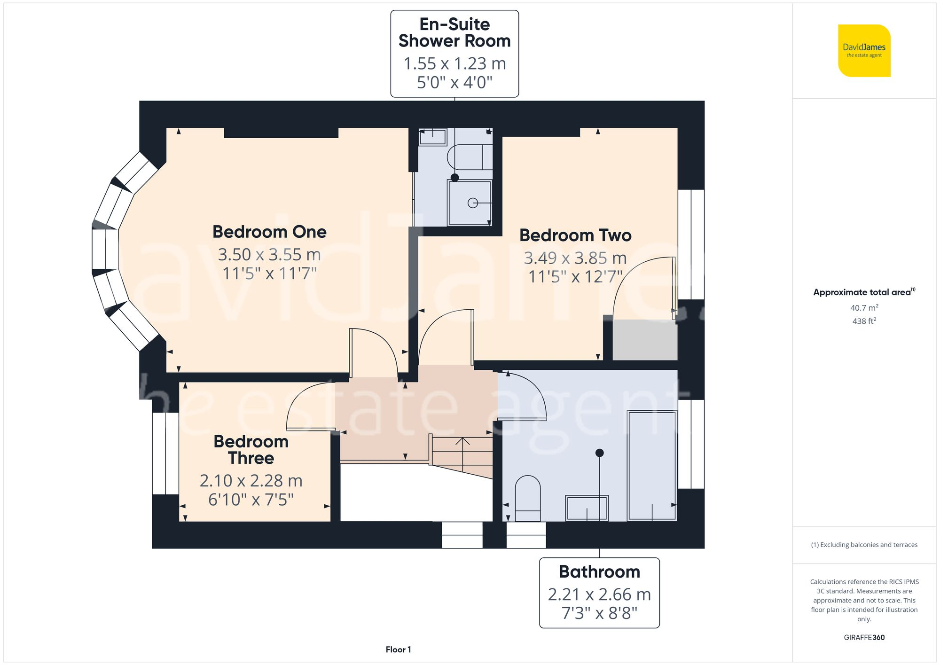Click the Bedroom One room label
[x=269, y=232]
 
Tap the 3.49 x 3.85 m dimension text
[x=575, y=258]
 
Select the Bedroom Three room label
[x=251, y=450]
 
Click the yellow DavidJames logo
[x=864, y=51]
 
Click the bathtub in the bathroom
[x=652, y=465]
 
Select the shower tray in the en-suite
[x=470, y=203]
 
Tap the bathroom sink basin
[x=587, y=508]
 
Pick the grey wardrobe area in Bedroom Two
[x=645, y=340]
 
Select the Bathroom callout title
[x=599, y=572]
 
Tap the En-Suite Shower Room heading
[x=454, y=32]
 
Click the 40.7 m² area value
[x=864, y=308]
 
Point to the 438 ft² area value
[x=864, y=321]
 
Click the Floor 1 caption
[x=398, y=649]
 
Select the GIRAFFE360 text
[x=864, y=637]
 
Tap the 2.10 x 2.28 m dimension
[x=251, y=481]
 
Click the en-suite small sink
[x=432, y=137]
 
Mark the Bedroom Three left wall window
[x=165, y=454]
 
